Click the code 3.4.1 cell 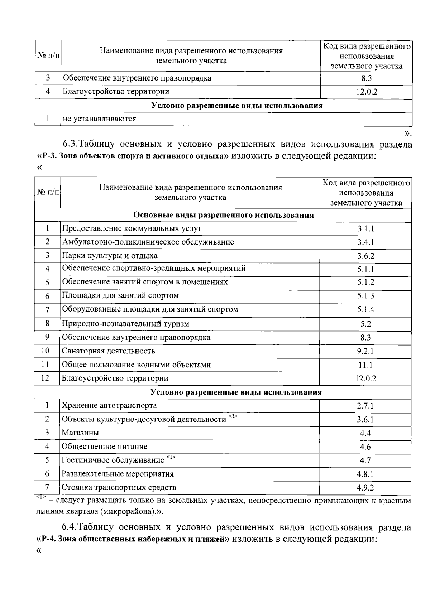tap(365, 242)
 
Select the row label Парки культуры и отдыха tap(110, 256)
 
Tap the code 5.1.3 tap(365, 296)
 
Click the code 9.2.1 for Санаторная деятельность tap(365, 351)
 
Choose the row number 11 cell tap(45, 365)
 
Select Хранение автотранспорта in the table tap(109, 406)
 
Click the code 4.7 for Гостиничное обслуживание tap(365, 460)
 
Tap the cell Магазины tap(80, 433)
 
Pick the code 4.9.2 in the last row tap(365, 488)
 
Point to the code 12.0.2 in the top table tap(366, 92)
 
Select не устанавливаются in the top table tap(99, 119)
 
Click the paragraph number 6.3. tap(69, 144)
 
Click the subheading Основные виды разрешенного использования tap(223, 215)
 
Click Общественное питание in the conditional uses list tap(105, 447)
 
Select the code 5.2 tap(365, 324)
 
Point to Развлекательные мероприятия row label tap(118, 474)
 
